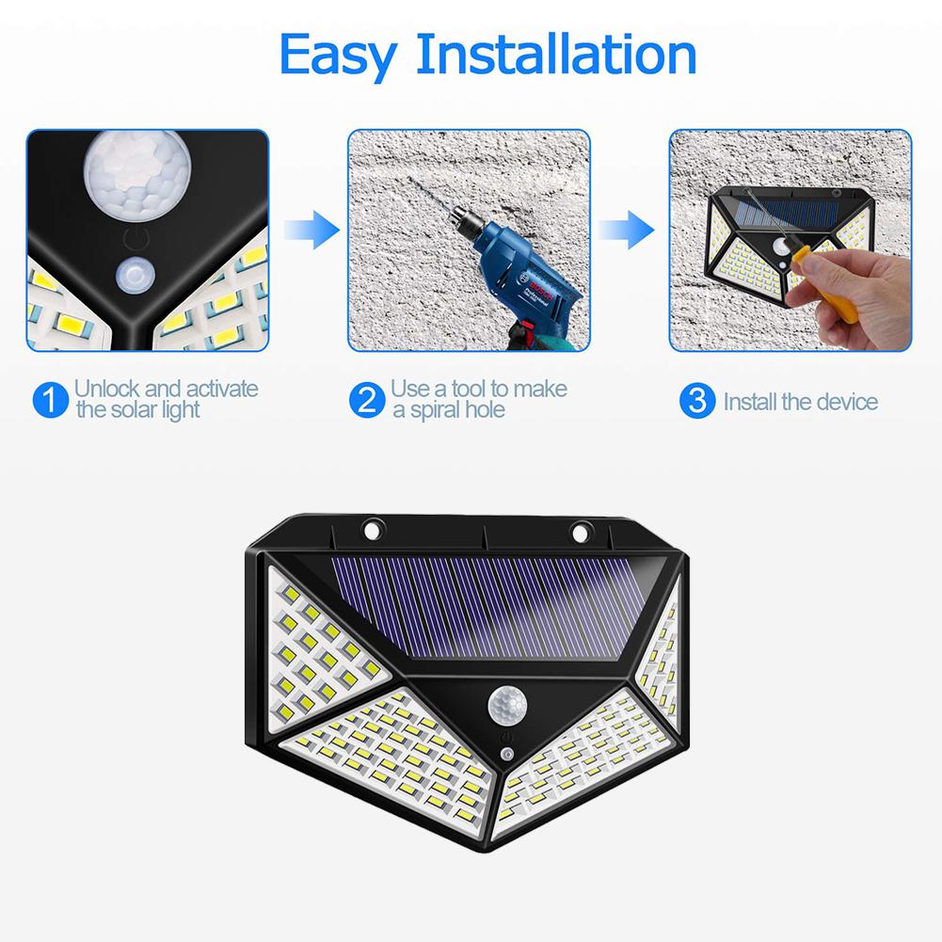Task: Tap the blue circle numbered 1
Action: point(50,400)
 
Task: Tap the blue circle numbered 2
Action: point(367,400)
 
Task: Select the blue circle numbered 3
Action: point(696,401)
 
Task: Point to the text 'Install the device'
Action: point(800,403)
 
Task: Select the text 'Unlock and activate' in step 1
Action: point(166,388)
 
